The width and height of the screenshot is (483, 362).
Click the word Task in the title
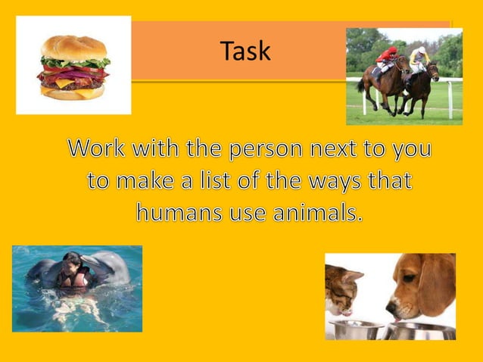point(245,51)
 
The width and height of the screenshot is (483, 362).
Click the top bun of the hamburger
point(73,47)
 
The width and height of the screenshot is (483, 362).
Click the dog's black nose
point(391,309)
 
